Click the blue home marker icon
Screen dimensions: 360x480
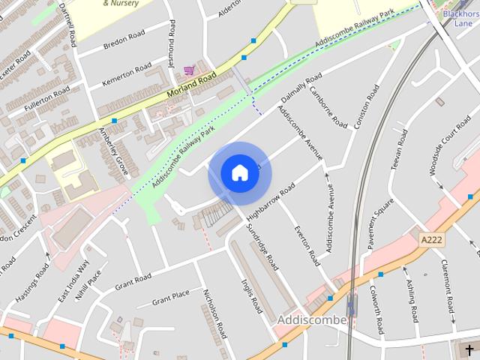click(239, 173)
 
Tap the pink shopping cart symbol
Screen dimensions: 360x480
click(189, 70)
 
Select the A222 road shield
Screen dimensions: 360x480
click(430, 239)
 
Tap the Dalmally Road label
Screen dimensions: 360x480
click(301, 89)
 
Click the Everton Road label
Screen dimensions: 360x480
click(307, 245)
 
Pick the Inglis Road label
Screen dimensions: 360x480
click(250, 294)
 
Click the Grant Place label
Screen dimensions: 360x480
click(171, 298)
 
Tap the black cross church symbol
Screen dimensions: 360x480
click(469, 349)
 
